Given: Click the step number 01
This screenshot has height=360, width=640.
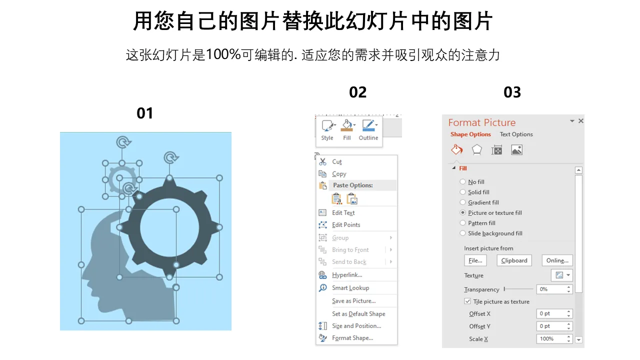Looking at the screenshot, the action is click(145, 113).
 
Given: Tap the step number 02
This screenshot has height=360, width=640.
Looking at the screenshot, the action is click(357, 92).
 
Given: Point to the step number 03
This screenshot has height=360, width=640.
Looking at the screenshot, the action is click(512, 92).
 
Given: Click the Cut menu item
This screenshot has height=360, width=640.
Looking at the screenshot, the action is click(337, 161).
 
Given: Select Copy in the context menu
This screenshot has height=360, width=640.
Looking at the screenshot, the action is click(339, 173).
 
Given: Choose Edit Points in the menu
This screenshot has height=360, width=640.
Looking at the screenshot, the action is click(346, 225).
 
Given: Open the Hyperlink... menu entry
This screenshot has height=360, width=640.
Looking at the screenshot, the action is click(347, 275).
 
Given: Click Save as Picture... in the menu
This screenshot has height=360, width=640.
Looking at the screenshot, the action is click(353, 301).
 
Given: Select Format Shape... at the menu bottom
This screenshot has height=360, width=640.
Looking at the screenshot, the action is click(352, 338).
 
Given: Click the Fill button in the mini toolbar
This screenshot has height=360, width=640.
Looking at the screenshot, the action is click(347, 130).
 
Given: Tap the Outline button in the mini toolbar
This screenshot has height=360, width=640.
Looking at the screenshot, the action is click(368, 130).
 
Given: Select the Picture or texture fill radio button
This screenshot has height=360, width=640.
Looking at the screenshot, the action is click(462, 212).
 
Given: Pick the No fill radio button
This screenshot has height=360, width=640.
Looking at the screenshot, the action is click(462, 181).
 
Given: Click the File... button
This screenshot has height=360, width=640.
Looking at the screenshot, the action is click(475, 260).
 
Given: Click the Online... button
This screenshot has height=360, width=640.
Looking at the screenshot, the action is click(557, 260).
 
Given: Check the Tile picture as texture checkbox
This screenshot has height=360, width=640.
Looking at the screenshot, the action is click(467, 301).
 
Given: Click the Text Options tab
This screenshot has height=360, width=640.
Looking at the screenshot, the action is click(516, 134).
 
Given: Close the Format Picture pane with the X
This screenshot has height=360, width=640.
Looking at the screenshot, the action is click(581, 121).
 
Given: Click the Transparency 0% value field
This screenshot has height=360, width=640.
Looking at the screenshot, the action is click(551, 289).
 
